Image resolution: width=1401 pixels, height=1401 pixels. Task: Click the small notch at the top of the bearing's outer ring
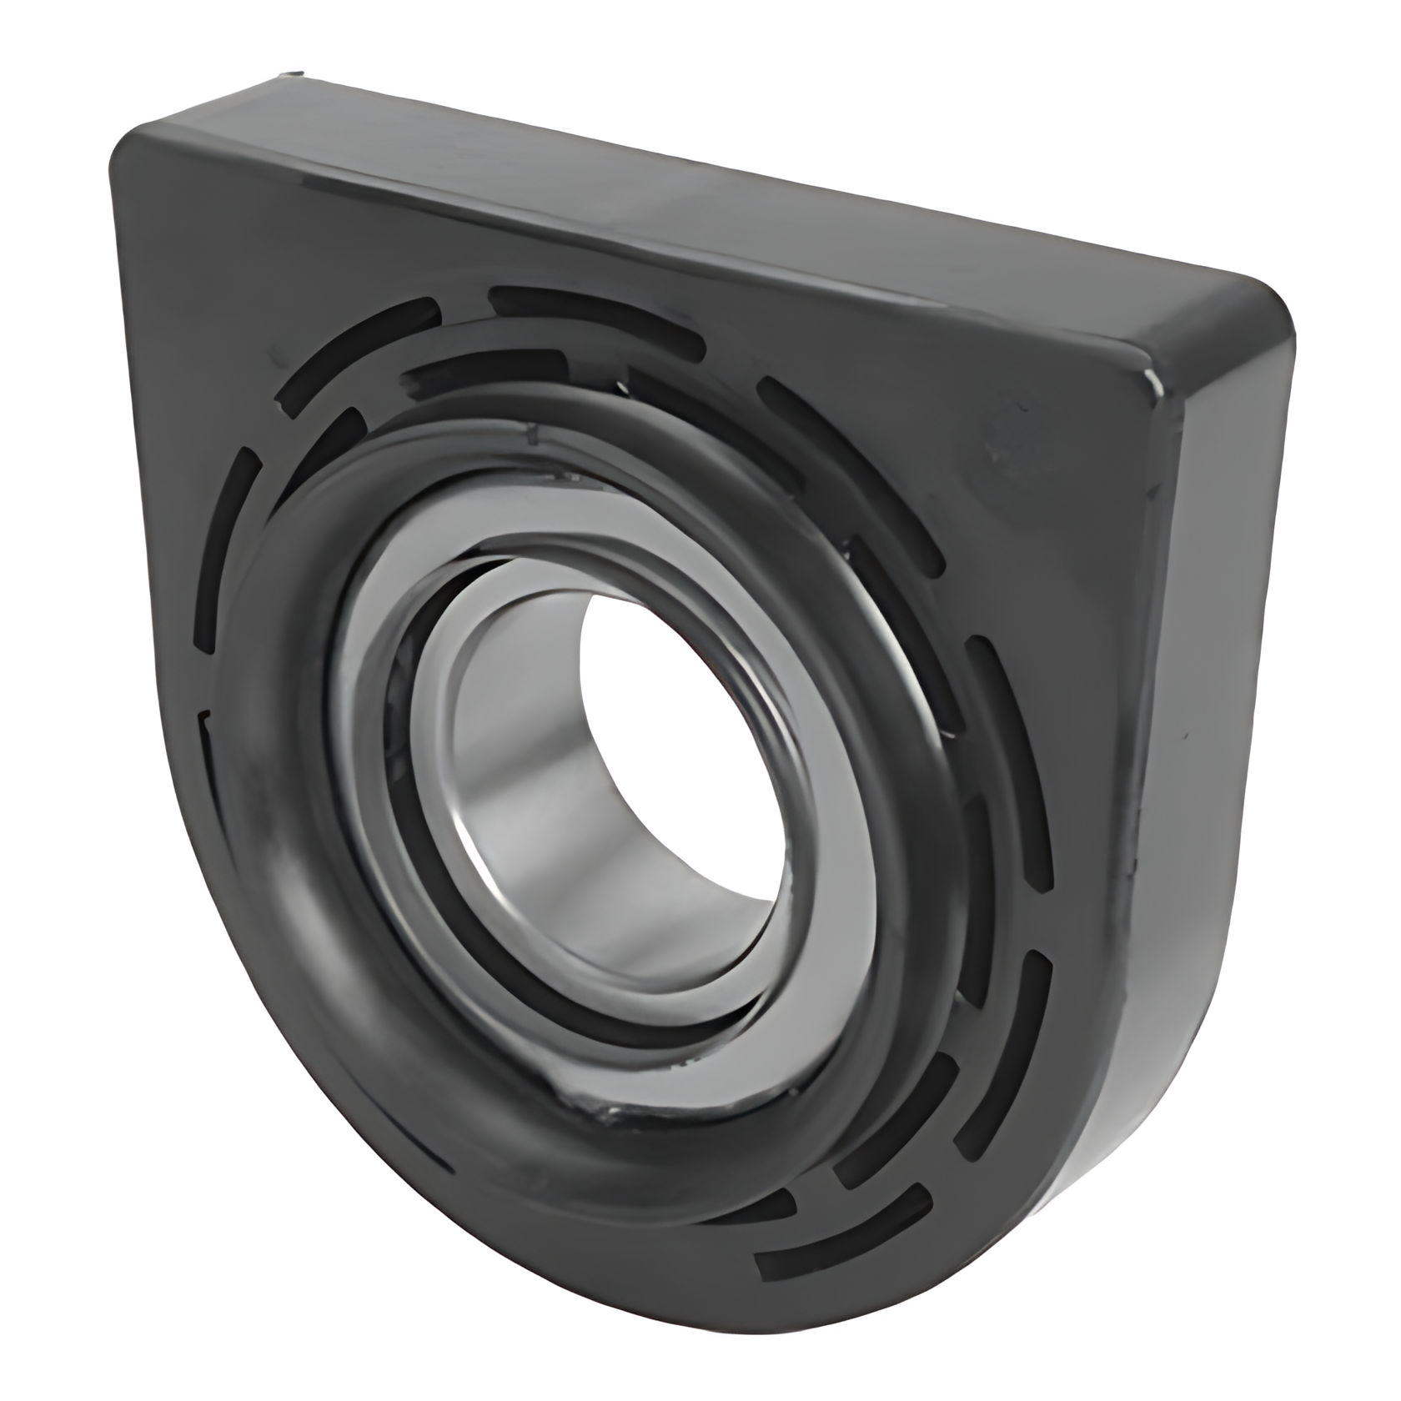(529, 433)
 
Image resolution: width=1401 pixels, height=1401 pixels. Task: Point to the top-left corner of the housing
(133, 150)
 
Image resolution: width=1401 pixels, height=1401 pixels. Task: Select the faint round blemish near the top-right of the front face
(1009, 450)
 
